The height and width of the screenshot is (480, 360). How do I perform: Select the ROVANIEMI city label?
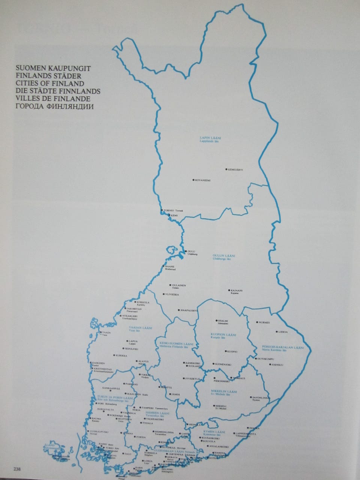pos(203,180)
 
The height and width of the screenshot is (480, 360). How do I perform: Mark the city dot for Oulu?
pos(185,251)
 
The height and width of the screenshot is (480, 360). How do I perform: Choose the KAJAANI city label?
pos(237,290)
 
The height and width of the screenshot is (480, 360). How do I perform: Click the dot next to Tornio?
pos(162,210)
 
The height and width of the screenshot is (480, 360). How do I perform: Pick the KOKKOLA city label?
pos(144,302)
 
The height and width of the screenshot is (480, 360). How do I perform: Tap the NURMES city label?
pos(264,322)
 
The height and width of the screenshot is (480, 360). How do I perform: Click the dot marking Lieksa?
pos(276,332)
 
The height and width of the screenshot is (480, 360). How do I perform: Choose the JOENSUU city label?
pos(277,364)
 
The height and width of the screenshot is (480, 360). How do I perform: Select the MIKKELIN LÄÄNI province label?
pos(225,391)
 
